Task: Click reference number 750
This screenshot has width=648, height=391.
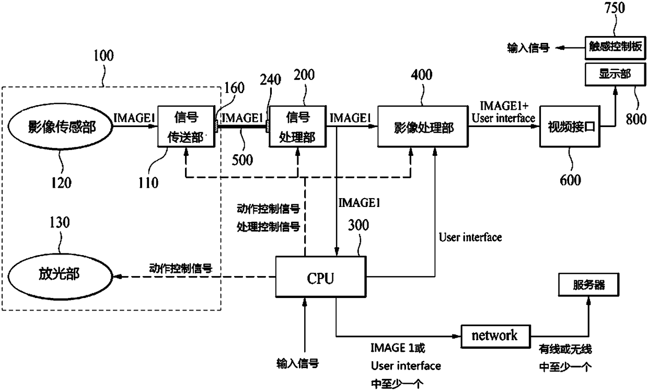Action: point(615,7)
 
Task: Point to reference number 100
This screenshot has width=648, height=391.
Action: point(103,55)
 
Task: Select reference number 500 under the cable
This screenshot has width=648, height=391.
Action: point(242,160)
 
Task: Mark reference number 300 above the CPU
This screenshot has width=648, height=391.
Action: point(358,225)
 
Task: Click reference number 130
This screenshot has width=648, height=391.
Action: point(60,222)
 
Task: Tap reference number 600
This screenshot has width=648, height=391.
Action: point(571,180)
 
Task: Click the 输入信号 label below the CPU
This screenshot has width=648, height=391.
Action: point(298,363)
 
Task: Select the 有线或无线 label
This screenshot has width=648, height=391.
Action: point(565,349)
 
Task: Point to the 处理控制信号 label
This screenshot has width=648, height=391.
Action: point(269,227)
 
